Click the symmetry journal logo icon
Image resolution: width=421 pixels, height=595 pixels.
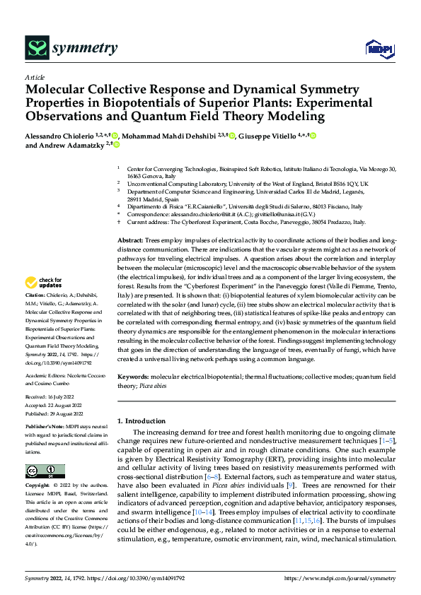pyautogui.click(x=36, y=47)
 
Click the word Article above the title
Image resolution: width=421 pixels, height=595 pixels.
pyautogui.click(x=35, y=77)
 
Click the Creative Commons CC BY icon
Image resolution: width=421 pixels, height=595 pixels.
pyautogui.click(x=45, y=471)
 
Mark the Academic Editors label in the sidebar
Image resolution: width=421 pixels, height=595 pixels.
pyautogui.click(x=45, y=375)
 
